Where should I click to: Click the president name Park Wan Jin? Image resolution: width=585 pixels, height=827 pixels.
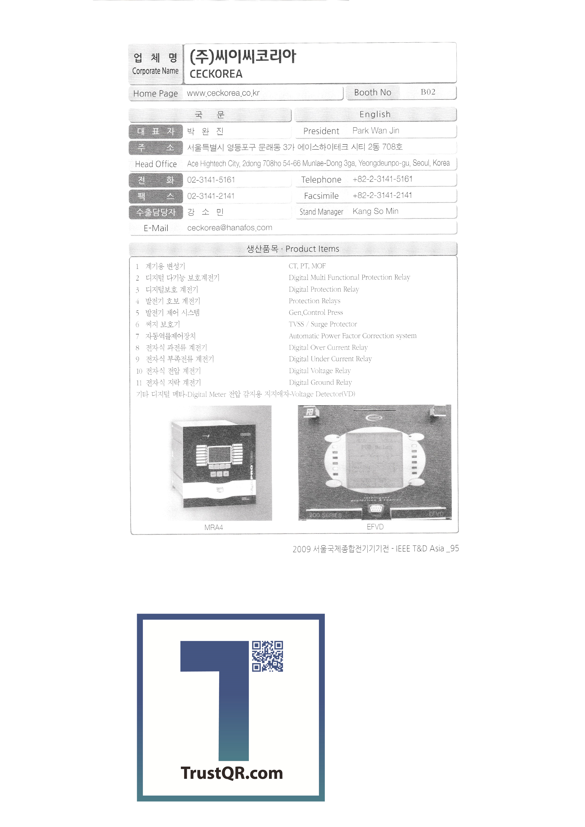click(376, 130)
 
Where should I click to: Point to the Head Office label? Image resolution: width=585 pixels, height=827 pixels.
click(156, 164)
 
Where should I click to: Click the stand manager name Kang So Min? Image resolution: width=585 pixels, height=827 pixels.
click(375, 212)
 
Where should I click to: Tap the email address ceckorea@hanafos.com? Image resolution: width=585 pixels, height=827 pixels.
click(230, 228)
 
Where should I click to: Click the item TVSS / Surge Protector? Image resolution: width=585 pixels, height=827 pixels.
click(323, 324)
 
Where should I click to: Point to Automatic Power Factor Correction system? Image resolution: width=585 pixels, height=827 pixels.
click(352, 336)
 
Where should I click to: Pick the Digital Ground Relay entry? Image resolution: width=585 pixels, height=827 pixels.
click(320, 382)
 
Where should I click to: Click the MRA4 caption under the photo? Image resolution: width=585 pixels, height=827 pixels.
click(214, 527)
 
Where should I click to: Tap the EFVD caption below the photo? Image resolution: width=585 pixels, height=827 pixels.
click(375, 527)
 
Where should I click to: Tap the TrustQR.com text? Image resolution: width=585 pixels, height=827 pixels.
click(232, 773)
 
